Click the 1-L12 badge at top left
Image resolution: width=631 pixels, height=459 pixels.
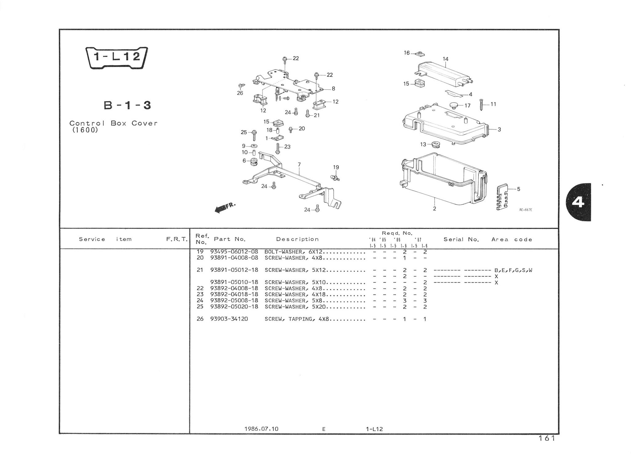[117, 57]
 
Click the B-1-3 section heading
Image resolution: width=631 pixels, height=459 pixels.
[127, 105]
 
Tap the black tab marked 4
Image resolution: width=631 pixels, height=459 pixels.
[578, 202]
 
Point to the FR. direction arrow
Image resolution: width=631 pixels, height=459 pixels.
[225, 208]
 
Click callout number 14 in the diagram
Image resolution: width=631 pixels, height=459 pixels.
[446, 59]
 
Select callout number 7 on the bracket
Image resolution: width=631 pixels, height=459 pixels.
[299, 165]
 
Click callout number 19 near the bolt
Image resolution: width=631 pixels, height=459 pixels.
[336, 167]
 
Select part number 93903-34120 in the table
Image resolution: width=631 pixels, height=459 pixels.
[229, 319]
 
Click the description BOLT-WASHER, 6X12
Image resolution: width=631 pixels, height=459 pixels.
[293, 252]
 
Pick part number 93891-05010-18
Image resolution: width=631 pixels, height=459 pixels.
[234, 282]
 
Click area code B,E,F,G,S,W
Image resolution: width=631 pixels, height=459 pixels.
[513, 270]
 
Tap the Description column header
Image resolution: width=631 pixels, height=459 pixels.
[297, 239]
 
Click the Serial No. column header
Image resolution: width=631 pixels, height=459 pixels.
[461, 240]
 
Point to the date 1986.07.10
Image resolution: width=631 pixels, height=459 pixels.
[261, 429]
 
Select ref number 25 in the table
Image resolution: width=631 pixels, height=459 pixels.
[200, 307]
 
